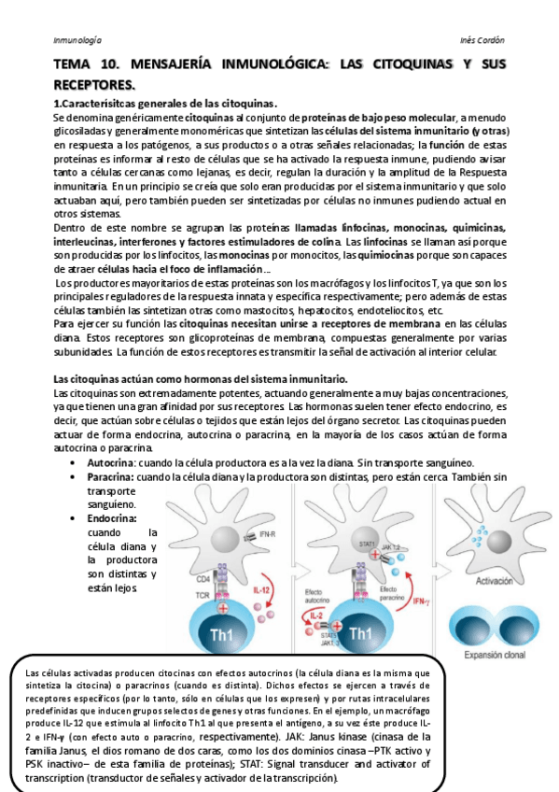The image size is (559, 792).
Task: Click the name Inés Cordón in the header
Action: click(483, 41)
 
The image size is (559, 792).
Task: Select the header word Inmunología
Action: click(77, 41)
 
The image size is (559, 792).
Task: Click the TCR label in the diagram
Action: click(203, 595)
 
